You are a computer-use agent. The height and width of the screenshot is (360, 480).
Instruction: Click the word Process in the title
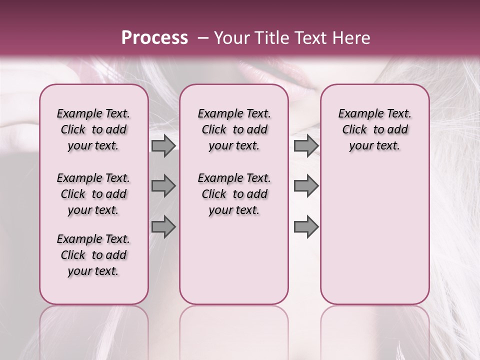pyautogui.click(x=154, y=38)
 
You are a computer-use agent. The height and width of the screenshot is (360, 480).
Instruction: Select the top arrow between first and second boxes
pyautogui.click(x=163, y=146)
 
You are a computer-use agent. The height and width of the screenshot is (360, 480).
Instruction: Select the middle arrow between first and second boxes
pyautogui.click(x=163, y=186)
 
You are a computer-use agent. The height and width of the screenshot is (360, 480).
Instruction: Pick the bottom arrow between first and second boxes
pyautogui.click(x=163, y=226)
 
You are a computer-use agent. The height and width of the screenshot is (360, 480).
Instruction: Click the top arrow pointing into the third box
pyautogui.click(x=306, y=146)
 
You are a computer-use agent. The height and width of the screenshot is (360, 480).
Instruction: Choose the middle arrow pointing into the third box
pyautogui.click(x=306, y=186)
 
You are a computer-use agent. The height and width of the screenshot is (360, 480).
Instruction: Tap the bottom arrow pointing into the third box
pyautogui.click(x=306, y=226)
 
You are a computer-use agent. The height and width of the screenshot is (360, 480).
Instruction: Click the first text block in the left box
pyautogui.click(x=93, y=129)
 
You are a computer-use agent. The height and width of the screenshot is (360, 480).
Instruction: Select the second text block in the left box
pyautogui.click(x=93, y=194)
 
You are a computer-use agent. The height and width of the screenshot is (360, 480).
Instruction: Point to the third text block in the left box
pyautogui.click(x=93, y=255)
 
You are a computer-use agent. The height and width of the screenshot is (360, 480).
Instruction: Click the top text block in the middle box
pyautogui.click(x=234, y=129)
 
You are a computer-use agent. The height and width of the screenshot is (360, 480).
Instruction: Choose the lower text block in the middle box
pyautogui.click(x=234, y=194)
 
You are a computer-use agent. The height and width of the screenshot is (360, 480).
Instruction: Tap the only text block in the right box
pyautogui.click(x=374, y=129)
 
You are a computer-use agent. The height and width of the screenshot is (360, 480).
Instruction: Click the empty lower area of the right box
pyautogui.click(x=374, y=235)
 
